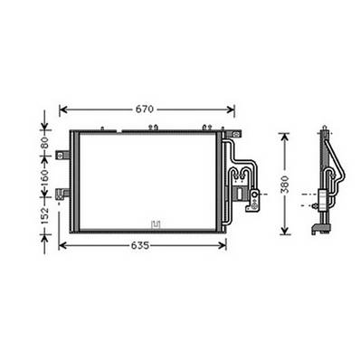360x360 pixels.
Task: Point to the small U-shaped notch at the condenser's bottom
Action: tap(156, 224)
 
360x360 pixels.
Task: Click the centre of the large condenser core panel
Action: tap(145, 181)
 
